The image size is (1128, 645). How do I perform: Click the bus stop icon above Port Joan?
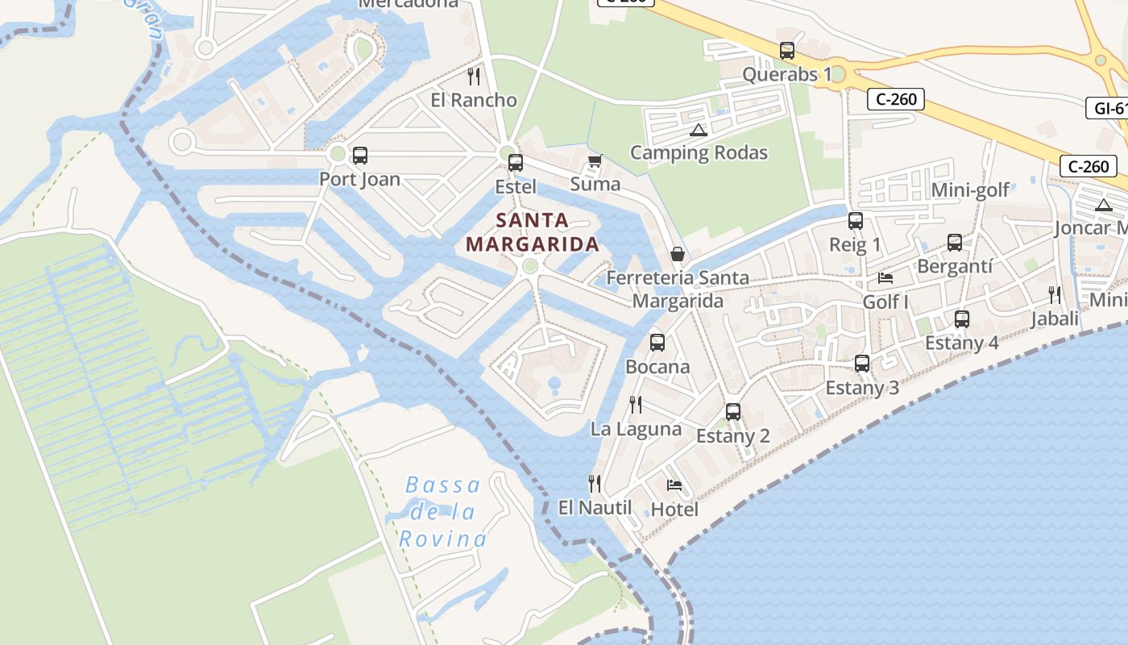[x=360, y=156]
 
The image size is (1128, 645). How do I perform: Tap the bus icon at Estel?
[x=516, y=163]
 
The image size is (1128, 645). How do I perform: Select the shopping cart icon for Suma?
[x=595, y=160]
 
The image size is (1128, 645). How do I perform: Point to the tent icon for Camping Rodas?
[x=699, y=130]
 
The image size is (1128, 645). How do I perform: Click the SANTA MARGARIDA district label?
[x=533, y=231]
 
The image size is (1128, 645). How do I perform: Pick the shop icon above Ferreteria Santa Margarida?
[x=678, y=254]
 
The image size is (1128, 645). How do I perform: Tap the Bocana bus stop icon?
[x=657, y=343]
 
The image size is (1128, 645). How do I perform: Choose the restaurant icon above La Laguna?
[x=636, y=404]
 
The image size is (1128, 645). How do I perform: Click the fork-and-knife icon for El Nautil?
[x=595, y=483]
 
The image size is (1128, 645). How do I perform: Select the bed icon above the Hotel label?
[x=674, y=485]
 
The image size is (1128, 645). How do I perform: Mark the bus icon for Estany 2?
[x=733, y=412]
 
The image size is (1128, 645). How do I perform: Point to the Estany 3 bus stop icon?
[x=862, y=364]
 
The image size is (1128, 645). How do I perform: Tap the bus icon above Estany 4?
[x=961, y=319]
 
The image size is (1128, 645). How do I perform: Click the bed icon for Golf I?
[x=885, y=278]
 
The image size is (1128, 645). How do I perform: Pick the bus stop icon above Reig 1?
[x=856, y=221]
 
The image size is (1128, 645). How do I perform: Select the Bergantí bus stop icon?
[x=955, y=243]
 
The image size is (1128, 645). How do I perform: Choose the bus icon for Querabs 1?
[x=787, y=51]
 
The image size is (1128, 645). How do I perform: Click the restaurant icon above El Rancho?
[x=474, y=77]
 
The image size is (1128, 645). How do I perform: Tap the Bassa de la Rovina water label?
[x=443, y=512]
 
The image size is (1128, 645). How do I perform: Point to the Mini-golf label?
[x=970, y=190]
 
